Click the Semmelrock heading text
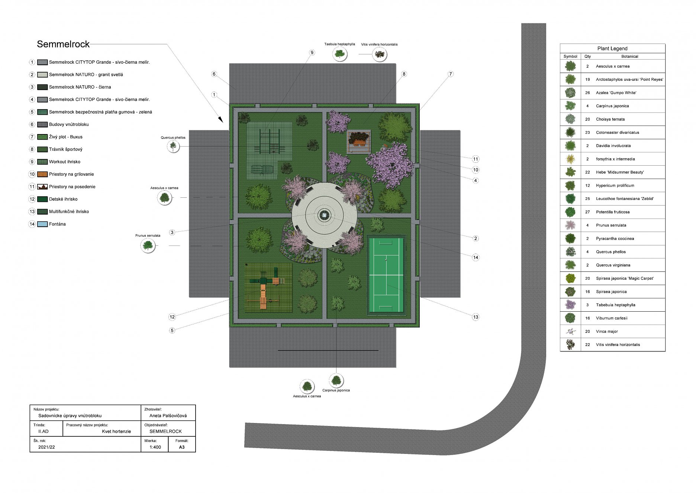[x=63, y=44]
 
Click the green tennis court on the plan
[x=386, y=275]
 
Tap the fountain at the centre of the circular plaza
[x=324, y=215]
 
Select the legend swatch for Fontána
[x=42, y=224]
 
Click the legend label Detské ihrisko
[x=63, y=199]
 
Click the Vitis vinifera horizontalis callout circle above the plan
[x=379, y=54]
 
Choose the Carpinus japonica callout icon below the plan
[x=336, y=381]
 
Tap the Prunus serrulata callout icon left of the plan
[x=148, y=245]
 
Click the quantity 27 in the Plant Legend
[x=587, y=212]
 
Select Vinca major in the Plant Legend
[x=607, y=331]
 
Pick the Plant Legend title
[x=612, y=48]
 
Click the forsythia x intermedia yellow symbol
[x=570, y=159]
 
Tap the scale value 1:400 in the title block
[x=155, y=447]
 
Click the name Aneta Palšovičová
[x=168, y=416]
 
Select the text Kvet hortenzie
[x=116, y=432]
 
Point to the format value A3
[x=182, y=447]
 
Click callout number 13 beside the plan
[x=476, y=317]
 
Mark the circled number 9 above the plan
[x=312, y=53]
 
